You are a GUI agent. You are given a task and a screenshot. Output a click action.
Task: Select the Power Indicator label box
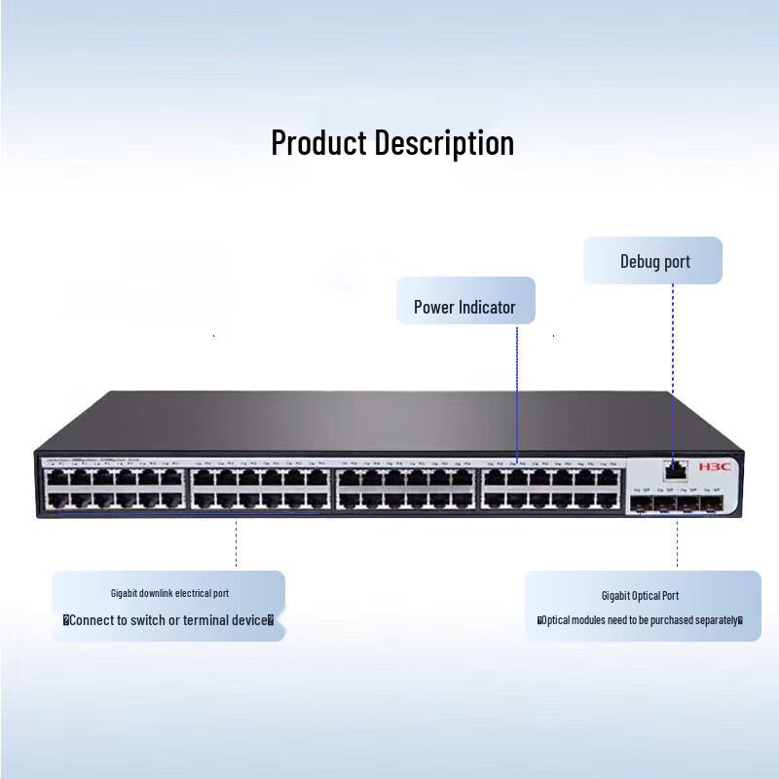click(464, 307)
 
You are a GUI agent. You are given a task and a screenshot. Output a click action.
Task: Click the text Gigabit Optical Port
click(640, 595)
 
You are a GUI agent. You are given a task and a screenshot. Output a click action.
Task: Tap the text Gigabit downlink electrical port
click(169, 592)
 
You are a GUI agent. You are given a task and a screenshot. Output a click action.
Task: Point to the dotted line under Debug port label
click(673, 370)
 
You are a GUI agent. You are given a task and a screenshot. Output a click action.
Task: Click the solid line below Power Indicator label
click(517, 389)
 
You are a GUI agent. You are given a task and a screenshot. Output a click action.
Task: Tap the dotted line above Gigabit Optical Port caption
click(678, 545)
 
